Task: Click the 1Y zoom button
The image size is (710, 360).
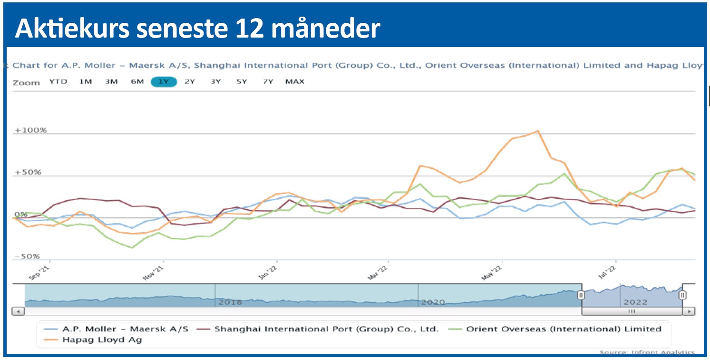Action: coord(164,82)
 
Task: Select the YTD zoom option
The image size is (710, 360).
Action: coord(58,82)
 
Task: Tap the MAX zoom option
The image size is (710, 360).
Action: coord(294,82)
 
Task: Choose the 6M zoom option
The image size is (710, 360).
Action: coord(137,82)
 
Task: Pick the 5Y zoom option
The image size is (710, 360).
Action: coord(242,82)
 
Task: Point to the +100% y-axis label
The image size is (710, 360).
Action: coord(30,130)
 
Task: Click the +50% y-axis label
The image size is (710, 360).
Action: coord(28,172)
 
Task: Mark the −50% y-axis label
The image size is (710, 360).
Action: coord(28,256)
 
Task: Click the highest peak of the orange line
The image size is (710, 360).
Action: coord(537,131)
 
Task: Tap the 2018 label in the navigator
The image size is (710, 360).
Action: coord(231,302)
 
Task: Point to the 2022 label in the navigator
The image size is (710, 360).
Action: coord(635,302)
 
